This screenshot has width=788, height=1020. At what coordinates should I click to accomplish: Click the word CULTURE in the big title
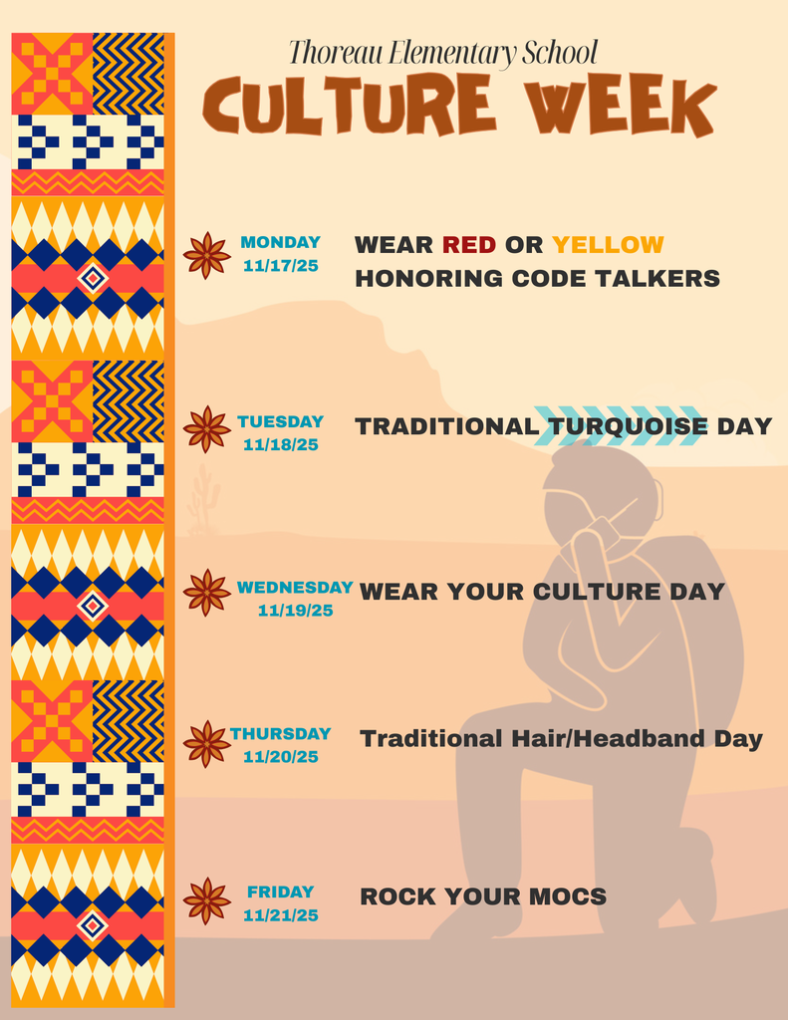tap(349, 105)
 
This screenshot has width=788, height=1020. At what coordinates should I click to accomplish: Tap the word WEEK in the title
tap(621, 105)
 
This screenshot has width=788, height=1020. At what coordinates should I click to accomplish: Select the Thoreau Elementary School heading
tap(442, 52)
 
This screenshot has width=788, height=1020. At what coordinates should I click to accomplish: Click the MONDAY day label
tap(280, 242)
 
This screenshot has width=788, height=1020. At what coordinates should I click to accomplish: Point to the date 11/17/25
tap(280, 266)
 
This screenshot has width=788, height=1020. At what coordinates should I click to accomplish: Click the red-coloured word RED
tap(468, 244)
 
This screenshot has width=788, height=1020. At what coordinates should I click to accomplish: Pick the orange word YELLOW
tap(608, 244)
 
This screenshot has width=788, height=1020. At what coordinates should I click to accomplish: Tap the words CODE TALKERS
tap(616, 279)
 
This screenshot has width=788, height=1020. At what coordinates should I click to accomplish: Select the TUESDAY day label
tap(280, 421)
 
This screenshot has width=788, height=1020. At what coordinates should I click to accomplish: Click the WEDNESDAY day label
tap(294, 587)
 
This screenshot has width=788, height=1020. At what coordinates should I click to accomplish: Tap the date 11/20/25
tap(280, 757)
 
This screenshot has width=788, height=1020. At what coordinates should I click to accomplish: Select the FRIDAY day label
tap(280, 892)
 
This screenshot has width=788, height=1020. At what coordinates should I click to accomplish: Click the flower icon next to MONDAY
tap(207, 255)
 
